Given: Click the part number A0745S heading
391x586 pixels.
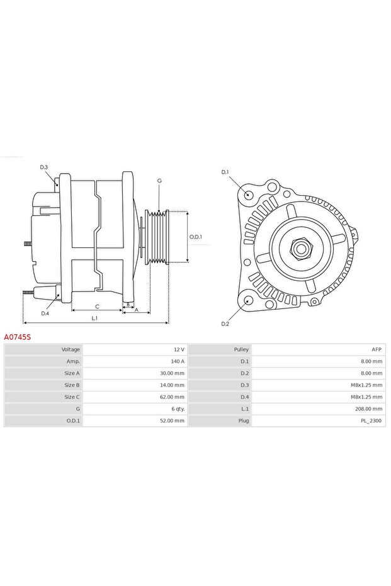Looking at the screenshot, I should pyautogui.click(x=17, y=337).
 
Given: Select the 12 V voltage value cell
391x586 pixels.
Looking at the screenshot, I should pyautogui.click(x=178, y=349).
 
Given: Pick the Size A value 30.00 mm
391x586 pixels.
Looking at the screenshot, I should pyautogui.click(x=172, y=373).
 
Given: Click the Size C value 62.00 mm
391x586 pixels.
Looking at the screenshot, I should pyautogui.click(x=172, y=397).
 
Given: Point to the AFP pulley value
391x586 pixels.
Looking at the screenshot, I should pyautogui.click(x=377, y=349).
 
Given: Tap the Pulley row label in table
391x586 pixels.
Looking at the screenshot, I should pyautogui.click(x=241, y=349).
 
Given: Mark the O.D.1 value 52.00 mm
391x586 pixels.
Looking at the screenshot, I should pyautogui.click(x=172, y=421).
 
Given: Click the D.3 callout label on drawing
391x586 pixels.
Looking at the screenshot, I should pyautogui.click(x=44, y=167).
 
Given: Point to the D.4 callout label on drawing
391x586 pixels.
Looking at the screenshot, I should pyautogui.click(x=45, y=313).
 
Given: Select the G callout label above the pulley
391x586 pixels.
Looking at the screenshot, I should pyautogui.click(x=159, y=181).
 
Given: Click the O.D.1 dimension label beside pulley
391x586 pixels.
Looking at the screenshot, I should pyautogui.click(x=196, y=237).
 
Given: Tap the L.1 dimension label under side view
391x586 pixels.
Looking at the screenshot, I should pyautogui.click(x=94, y=318).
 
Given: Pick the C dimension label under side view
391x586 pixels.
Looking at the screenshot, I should pyautogui.click(x=96, y=307).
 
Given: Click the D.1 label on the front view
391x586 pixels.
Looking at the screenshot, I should pyautogui.click(x=225, y=172).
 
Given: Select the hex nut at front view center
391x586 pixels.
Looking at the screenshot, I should pyautogui.click(x=300, y=248).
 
